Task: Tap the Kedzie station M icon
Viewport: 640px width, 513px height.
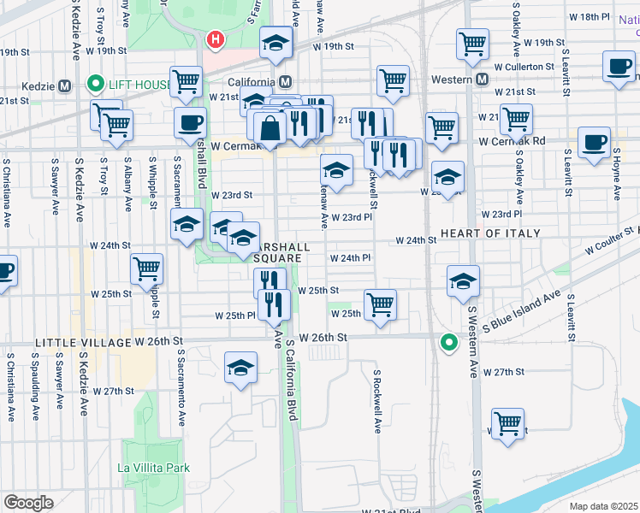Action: tap(64, 85)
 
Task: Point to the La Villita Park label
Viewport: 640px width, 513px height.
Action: tap(154, 468)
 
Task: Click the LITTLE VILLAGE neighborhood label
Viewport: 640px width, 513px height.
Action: tap(82, 342)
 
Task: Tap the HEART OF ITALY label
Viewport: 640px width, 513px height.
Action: tap(490, 233)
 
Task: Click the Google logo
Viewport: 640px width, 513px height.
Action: tap(28, 503)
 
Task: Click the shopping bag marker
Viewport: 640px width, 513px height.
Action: tap(270, 129)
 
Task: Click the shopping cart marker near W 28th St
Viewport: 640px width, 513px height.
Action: tap(507, 423)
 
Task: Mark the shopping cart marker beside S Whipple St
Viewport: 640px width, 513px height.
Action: tap(147, 269)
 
